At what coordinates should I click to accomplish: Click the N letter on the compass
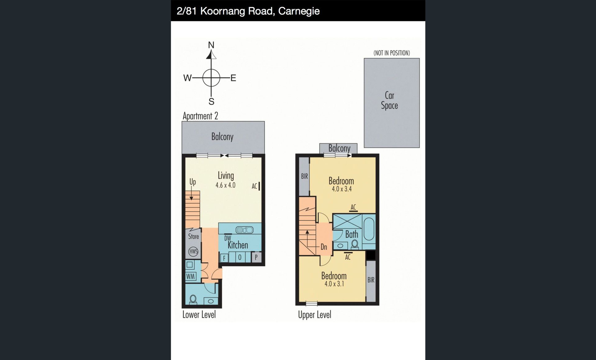[211, 45]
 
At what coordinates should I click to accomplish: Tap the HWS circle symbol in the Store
[193, 251]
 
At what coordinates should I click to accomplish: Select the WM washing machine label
[191, 276]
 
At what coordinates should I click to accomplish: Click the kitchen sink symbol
[245, 230]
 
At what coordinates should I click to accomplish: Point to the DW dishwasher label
[228, 238]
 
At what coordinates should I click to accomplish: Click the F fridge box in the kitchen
[224, 258]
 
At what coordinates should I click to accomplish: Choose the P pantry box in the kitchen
[256, 257]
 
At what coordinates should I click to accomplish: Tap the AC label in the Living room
[255, 186]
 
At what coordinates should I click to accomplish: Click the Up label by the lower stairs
[193, 182]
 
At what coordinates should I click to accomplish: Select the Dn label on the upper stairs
[324, 247]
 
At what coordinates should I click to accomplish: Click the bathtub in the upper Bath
[369, 229]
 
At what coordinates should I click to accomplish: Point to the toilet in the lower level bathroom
[193, 299]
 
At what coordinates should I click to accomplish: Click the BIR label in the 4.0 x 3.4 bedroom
[305, 176]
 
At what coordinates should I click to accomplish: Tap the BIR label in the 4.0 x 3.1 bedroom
[371, 280]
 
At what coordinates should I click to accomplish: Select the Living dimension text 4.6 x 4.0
[225, 185]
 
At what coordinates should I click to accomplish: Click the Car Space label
[390, 100]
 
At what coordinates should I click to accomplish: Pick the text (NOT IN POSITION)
[392, 53]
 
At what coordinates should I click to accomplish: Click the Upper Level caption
[314, 315]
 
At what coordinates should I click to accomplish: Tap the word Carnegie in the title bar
[299, 11]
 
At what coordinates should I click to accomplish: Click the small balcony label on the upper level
[339, 148]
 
